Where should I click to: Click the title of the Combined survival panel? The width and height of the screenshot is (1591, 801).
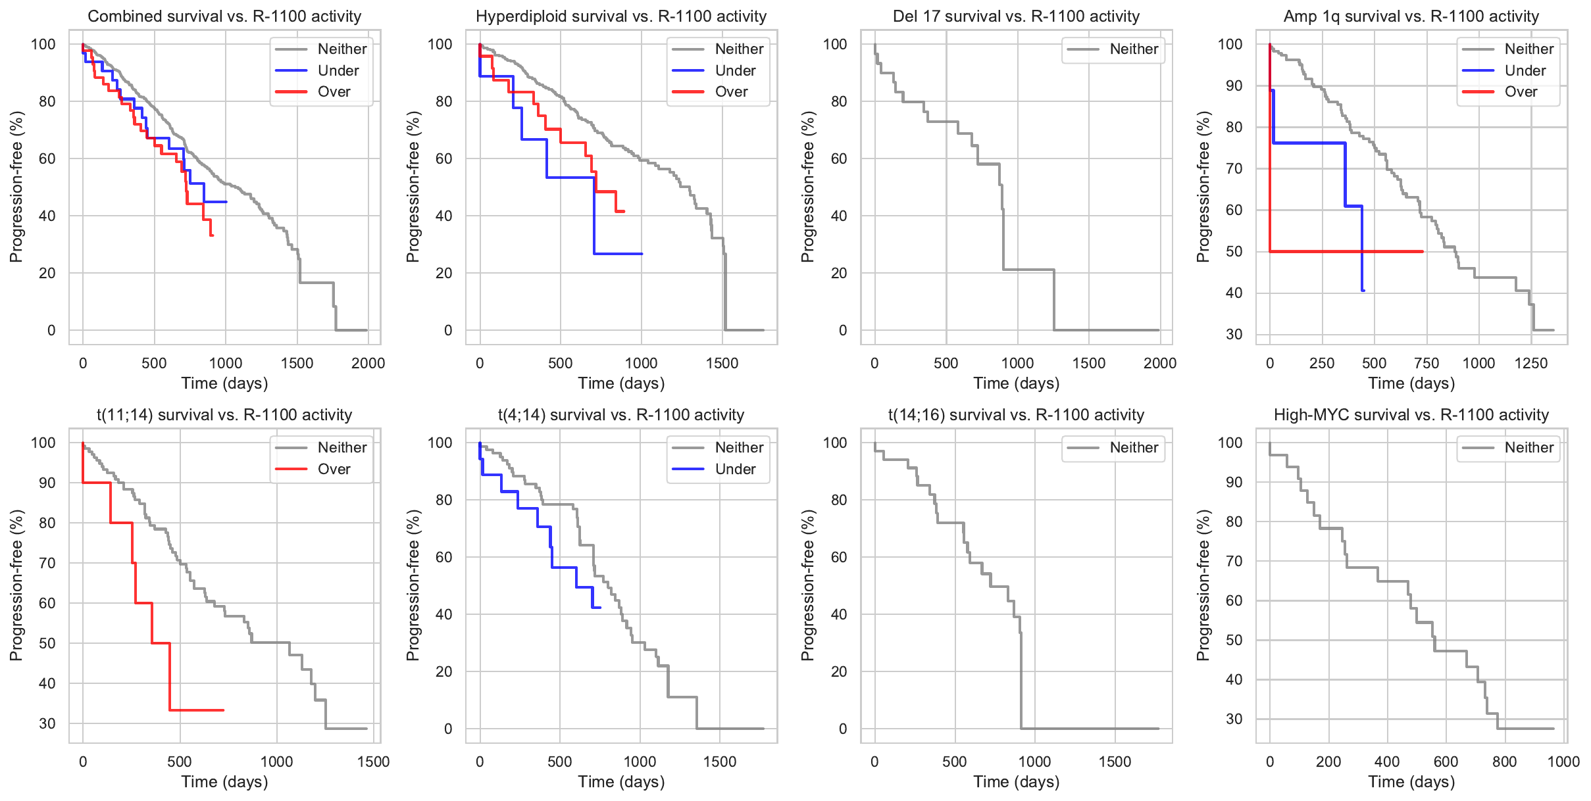tap(224, 16)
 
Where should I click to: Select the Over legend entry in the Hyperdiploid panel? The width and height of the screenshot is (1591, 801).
tap(731, 92)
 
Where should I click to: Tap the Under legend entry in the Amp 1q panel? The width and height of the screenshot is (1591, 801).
tap(1525, 70)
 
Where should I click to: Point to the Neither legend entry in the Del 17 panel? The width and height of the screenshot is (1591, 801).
tap(1134, 49)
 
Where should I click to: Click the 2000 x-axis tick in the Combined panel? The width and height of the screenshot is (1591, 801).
tap(368, 363)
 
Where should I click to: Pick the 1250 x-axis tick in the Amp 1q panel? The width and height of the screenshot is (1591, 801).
tap(1530, 363)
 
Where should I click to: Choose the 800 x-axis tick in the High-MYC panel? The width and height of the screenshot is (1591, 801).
tap(1504, 762)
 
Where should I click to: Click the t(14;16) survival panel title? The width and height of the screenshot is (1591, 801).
tap(1016, 415)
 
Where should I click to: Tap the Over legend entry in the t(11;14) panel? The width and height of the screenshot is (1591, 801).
tap(334, 469)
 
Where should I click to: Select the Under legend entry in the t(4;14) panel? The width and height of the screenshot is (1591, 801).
tap(735, 469)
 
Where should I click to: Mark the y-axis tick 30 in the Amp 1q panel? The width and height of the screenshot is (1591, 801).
tap(1234, 334)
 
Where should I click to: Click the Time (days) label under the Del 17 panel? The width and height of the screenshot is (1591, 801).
tap(1016, 383)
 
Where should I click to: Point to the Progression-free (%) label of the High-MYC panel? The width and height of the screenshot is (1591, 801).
tap(1203, 585)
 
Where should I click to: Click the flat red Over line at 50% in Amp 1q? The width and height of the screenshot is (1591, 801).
tap(1349, 251)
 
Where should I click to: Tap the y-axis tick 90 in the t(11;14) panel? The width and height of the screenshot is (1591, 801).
tap(47, 483)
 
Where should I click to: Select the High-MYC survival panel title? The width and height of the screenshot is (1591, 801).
tap(1411, 415)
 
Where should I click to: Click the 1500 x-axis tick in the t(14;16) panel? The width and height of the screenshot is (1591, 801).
tap(1115, 762)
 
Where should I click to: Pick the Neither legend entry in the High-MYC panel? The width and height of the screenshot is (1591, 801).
tap(1528, 448)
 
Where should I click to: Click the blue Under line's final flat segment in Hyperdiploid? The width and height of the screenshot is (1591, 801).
tap(619, 254)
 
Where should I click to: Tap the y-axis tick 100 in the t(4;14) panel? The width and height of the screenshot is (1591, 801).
tap(440, 443)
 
